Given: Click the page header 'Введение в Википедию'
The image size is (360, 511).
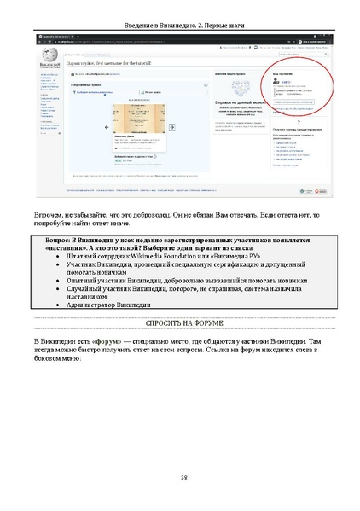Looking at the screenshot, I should click(x=150, y=25).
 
